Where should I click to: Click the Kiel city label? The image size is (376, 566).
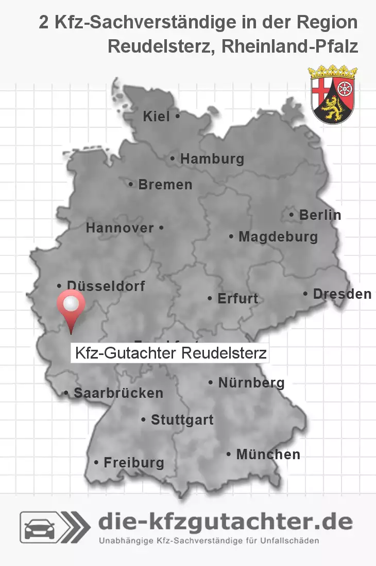coord(157,117)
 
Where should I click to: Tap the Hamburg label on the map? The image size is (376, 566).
coord(212,159)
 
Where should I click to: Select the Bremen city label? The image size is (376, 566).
coord(165,184)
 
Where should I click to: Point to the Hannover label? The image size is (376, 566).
coord(120,228)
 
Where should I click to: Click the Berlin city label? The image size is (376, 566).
coord(320,215)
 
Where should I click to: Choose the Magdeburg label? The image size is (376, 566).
coord(278,237)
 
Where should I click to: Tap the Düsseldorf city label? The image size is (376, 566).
coord(106,285)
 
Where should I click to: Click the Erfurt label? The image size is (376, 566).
coord(237,298)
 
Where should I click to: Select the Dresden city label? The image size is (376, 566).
coord(341,294)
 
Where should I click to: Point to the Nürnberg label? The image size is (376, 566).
coord(251,382)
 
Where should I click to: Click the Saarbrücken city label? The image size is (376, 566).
coord(118,393)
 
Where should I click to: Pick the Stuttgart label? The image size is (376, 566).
coord(182,419)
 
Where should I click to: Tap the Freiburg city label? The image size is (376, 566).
coord(133,462)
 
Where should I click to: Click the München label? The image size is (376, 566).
coord(268,454)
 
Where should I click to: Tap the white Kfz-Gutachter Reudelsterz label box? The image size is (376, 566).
coord(169,353)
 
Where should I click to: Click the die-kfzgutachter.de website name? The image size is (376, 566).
coord(225,522)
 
